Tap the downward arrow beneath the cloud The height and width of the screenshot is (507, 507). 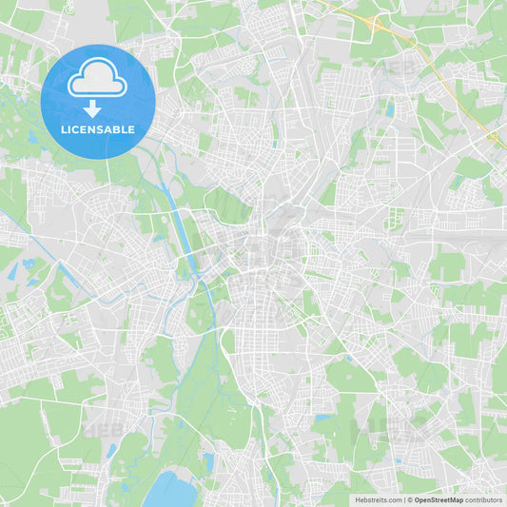(x=92, y=108)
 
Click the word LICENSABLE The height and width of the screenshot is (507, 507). (x=97, y=129)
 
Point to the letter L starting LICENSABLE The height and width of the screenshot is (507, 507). (x=62, y=129)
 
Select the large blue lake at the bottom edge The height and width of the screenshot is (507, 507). (x=169, y=491)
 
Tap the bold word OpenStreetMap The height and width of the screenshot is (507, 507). (x=439, y=499)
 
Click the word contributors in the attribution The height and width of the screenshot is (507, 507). (x=484, y=499)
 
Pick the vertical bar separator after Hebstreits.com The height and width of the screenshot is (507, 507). (x=402, y=499)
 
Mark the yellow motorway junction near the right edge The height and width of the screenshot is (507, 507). (x=494, y=139)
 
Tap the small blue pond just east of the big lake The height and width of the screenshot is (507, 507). (x=208, y=462)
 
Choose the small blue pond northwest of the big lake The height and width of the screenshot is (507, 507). (x=112, y=450)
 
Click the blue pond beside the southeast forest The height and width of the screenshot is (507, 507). (x=324, y=418)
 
